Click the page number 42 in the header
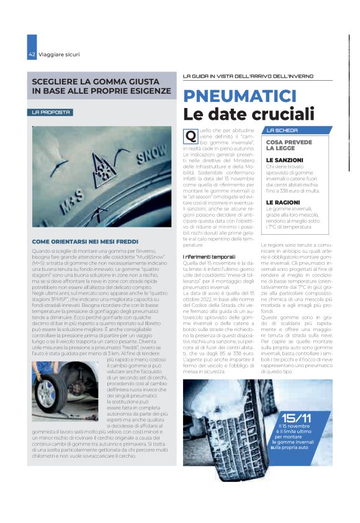tap(31, 54)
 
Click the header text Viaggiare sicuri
tap(59, 54)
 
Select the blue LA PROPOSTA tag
tap(53, 112)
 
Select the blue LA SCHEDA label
tap(282, 130)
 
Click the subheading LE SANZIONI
tap(286, 160)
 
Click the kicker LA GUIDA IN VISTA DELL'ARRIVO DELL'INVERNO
tap(248, 76)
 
